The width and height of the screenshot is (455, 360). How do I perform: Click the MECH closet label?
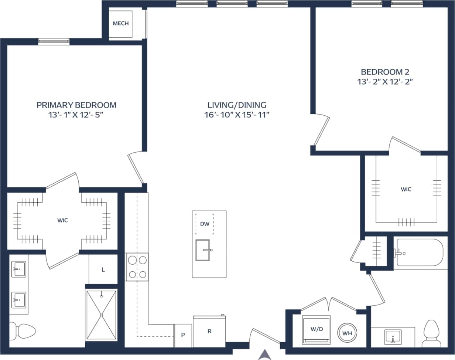click(121, 24)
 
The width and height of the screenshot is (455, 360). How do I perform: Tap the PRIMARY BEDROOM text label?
click(76, 105)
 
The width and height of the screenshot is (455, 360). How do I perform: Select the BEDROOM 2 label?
click(386, 72)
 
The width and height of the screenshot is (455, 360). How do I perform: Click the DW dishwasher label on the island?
click(204, 224)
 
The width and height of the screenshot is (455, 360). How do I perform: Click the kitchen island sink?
click(204, 250)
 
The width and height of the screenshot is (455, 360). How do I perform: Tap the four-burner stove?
click(137, 266)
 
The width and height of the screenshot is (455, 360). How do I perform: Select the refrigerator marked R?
click(209, 331)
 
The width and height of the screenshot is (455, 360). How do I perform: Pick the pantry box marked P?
click(183, 336)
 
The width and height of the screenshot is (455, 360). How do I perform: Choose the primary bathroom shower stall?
click(102, 315)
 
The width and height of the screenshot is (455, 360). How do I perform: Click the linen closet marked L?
click(103, 269)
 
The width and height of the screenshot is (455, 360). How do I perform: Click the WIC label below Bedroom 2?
click(406, 189)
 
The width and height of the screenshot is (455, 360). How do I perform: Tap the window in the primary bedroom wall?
click(54, 41)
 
